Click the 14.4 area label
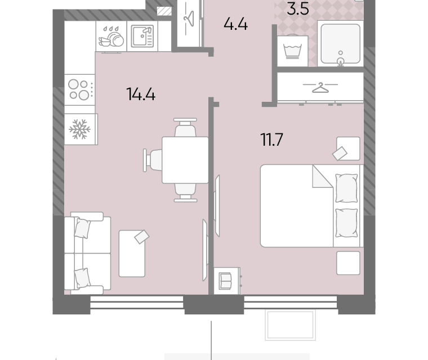141,94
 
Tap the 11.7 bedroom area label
272,139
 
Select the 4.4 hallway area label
235,24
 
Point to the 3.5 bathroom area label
298,9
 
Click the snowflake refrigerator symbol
80,129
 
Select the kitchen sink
142,36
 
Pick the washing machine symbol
293,51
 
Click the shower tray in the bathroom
340,44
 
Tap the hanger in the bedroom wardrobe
320,88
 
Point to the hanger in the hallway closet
189,19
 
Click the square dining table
185,160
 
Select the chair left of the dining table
153,160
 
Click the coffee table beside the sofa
132,254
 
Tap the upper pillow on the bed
346,188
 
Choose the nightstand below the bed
348,263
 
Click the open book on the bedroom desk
225,281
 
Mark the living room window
137,302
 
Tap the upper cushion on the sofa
82,228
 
